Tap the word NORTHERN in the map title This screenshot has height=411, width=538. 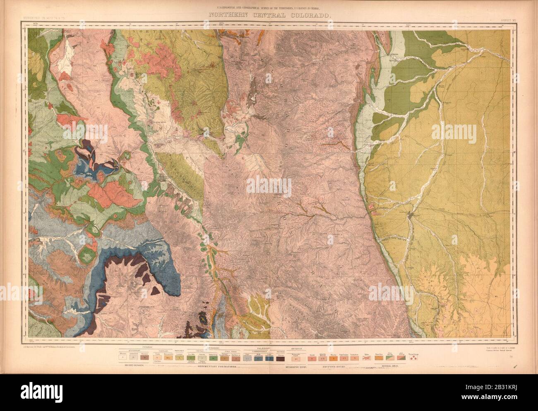(224, 15)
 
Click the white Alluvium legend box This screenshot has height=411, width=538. (122, 358)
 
